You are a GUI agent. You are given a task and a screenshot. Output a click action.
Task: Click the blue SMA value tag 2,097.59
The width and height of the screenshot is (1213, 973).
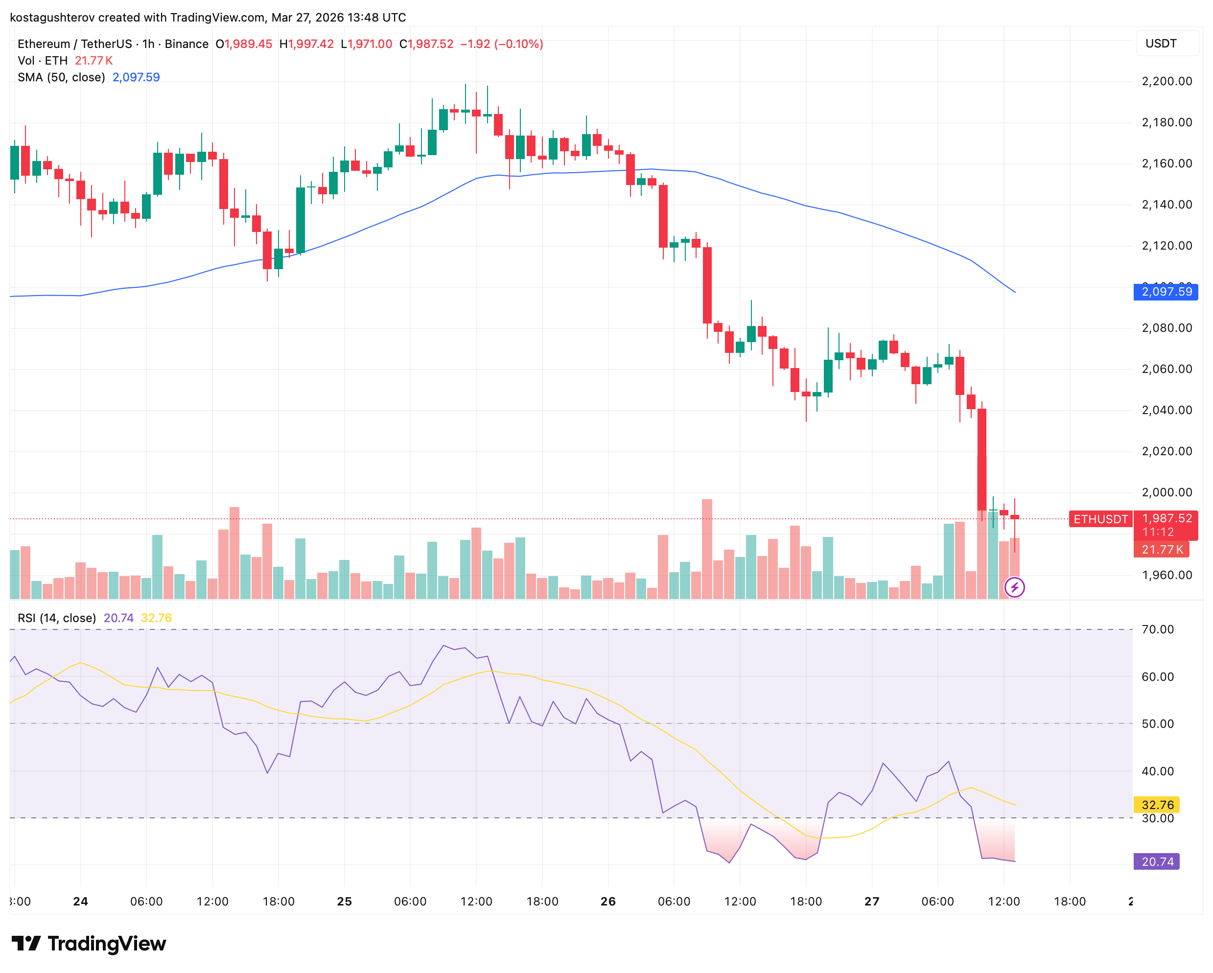[1165, 292]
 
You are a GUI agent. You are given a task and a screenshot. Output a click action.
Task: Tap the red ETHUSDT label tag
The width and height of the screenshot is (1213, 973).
[1100, 519]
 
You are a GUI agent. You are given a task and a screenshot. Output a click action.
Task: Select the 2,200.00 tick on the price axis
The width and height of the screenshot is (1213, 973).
[1166, 81]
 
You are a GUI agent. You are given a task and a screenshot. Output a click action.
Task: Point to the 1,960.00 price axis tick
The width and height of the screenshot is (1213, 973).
[1166, 575]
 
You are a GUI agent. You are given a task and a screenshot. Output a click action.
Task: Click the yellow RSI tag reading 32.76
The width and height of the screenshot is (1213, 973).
[1157, 805]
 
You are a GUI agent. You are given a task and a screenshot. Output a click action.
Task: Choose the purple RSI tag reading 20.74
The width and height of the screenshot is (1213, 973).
[1156, 861]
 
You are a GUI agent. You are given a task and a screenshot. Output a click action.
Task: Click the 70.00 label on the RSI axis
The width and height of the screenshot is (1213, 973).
[1157, 629]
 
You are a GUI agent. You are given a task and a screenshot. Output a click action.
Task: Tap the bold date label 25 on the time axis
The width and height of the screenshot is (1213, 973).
[344, 902]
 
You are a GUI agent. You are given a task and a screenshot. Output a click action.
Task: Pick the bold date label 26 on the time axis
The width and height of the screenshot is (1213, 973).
[607, 902]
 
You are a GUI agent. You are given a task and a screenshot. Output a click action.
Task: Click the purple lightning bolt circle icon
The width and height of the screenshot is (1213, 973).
[1014, 588]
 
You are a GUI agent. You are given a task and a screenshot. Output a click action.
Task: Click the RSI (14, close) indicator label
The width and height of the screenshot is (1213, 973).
[57, 618]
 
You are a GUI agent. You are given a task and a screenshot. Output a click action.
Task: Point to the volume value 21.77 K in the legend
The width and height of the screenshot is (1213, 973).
[93, 61]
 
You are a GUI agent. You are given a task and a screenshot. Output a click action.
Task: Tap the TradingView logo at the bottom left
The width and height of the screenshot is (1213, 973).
[89, 943]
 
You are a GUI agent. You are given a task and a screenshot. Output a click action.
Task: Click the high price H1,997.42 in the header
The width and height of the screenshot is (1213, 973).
[306, 44]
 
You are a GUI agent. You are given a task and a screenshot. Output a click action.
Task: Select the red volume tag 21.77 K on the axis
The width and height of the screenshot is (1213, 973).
[1161, 550]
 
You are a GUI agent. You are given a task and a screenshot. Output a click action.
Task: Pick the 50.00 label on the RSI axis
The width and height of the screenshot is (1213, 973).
[1157, 724]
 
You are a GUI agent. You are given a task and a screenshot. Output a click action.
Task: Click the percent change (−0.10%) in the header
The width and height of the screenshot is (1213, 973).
[518, 44]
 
